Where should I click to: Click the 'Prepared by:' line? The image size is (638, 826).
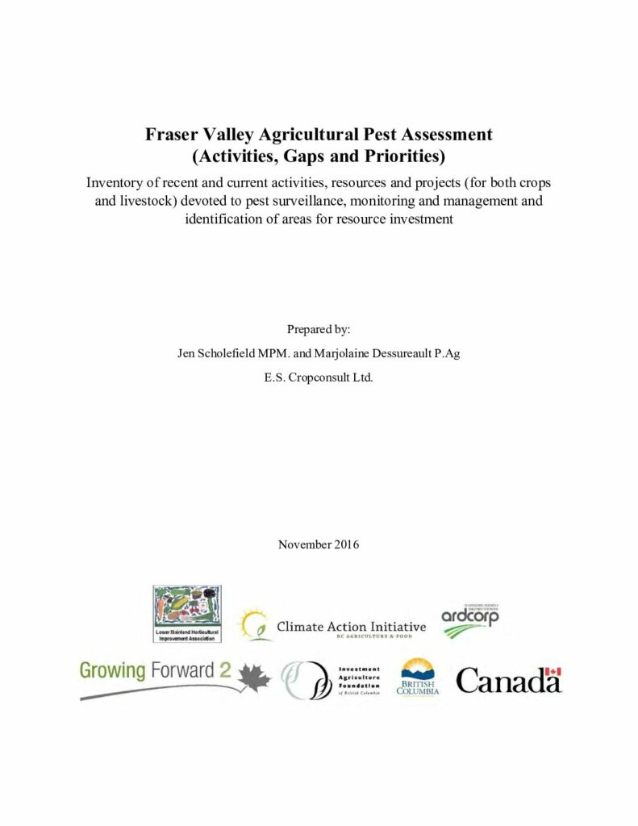[x=319, y=329]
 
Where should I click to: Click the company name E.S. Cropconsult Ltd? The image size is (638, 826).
[x=319, y=377]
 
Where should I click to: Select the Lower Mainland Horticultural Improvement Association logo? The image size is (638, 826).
[x=187, y=614]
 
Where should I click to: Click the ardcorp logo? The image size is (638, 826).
[x=470, y=619]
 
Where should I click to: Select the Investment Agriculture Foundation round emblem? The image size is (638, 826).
[x=306, y=679]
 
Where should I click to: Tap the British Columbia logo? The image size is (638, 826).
[x=418, y=678]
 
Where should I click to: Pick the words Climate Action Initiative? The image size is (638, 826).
[x=351, y=626]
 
